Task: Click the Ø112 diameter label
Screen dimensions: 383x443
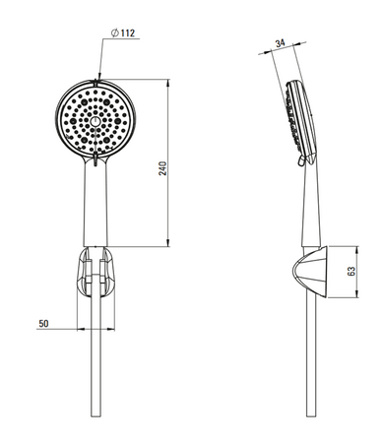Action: (x=123, y=33)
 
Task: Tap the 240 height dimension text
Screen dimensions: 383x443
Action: (x=163, y=168)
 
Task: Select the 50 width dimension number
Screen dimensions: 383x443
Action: (x=43, y=324)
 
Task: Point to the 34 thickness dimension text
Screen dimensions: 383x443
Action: (x=280, y=43)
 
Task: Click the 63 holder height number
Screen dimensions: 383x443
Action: (x=351, y=271)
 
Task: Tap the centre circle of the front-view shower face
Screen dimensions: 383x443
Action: (x=96, y=122)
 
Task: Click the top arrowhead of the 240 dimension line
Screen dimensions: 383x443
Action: (x=168, y=83)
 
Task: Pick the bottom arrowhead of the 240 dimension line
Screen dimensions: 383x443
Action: (x=168, y=242)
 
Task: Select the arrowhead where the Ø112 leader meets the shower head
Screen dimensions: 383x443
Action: (x=98, y=77)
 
